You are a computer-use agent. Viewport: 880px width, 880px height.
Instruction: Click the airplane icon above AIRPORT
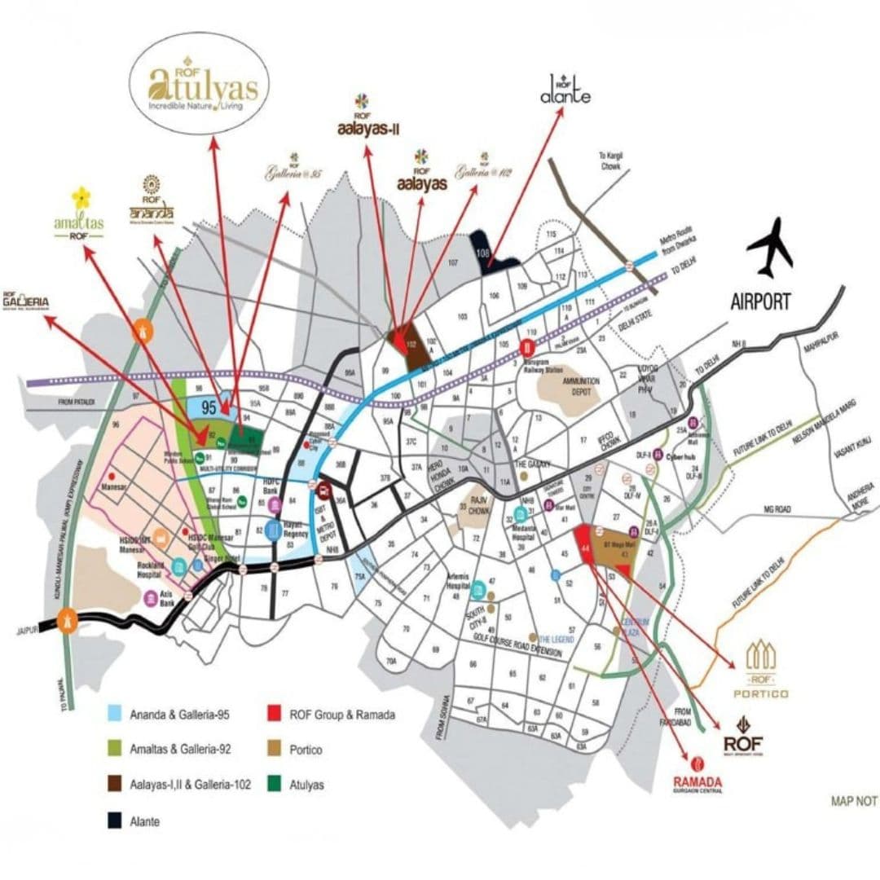(x=770, y=247)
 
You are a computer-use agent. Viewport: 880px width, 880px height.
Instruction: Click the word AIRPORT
(x=760, y=301)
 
